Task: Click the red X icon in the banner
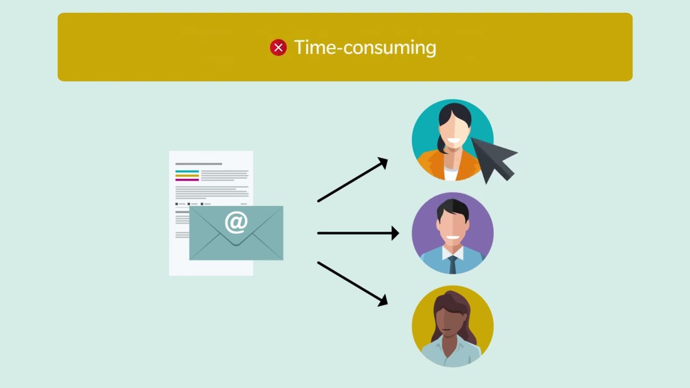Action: (278, 47)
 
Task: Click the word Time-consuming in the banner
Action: (365, 47)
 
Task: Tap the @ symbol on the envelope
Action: (236, 223)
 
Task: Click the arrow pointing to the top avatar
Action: (353, 179)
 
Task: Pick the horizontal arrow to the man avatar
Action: (358, 233)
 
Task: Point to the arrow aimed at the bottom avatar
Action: (353, 284)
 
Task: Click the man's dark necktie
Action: (453, 265)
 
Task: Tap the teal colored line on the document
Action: (187, 171)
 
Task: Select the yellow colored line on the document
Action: (187, 176)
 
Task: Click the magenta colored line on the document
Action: (187, 179)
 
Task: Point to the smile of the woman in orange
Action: (454, 141)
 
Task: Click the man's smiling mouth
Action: (453, 238)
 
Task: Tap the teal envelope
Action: (236, 233)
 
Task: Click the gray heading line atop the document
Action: (199, 164)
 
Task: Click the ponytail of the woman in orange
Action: (441, 145)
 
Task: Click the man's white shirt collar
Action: (453, 253)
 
